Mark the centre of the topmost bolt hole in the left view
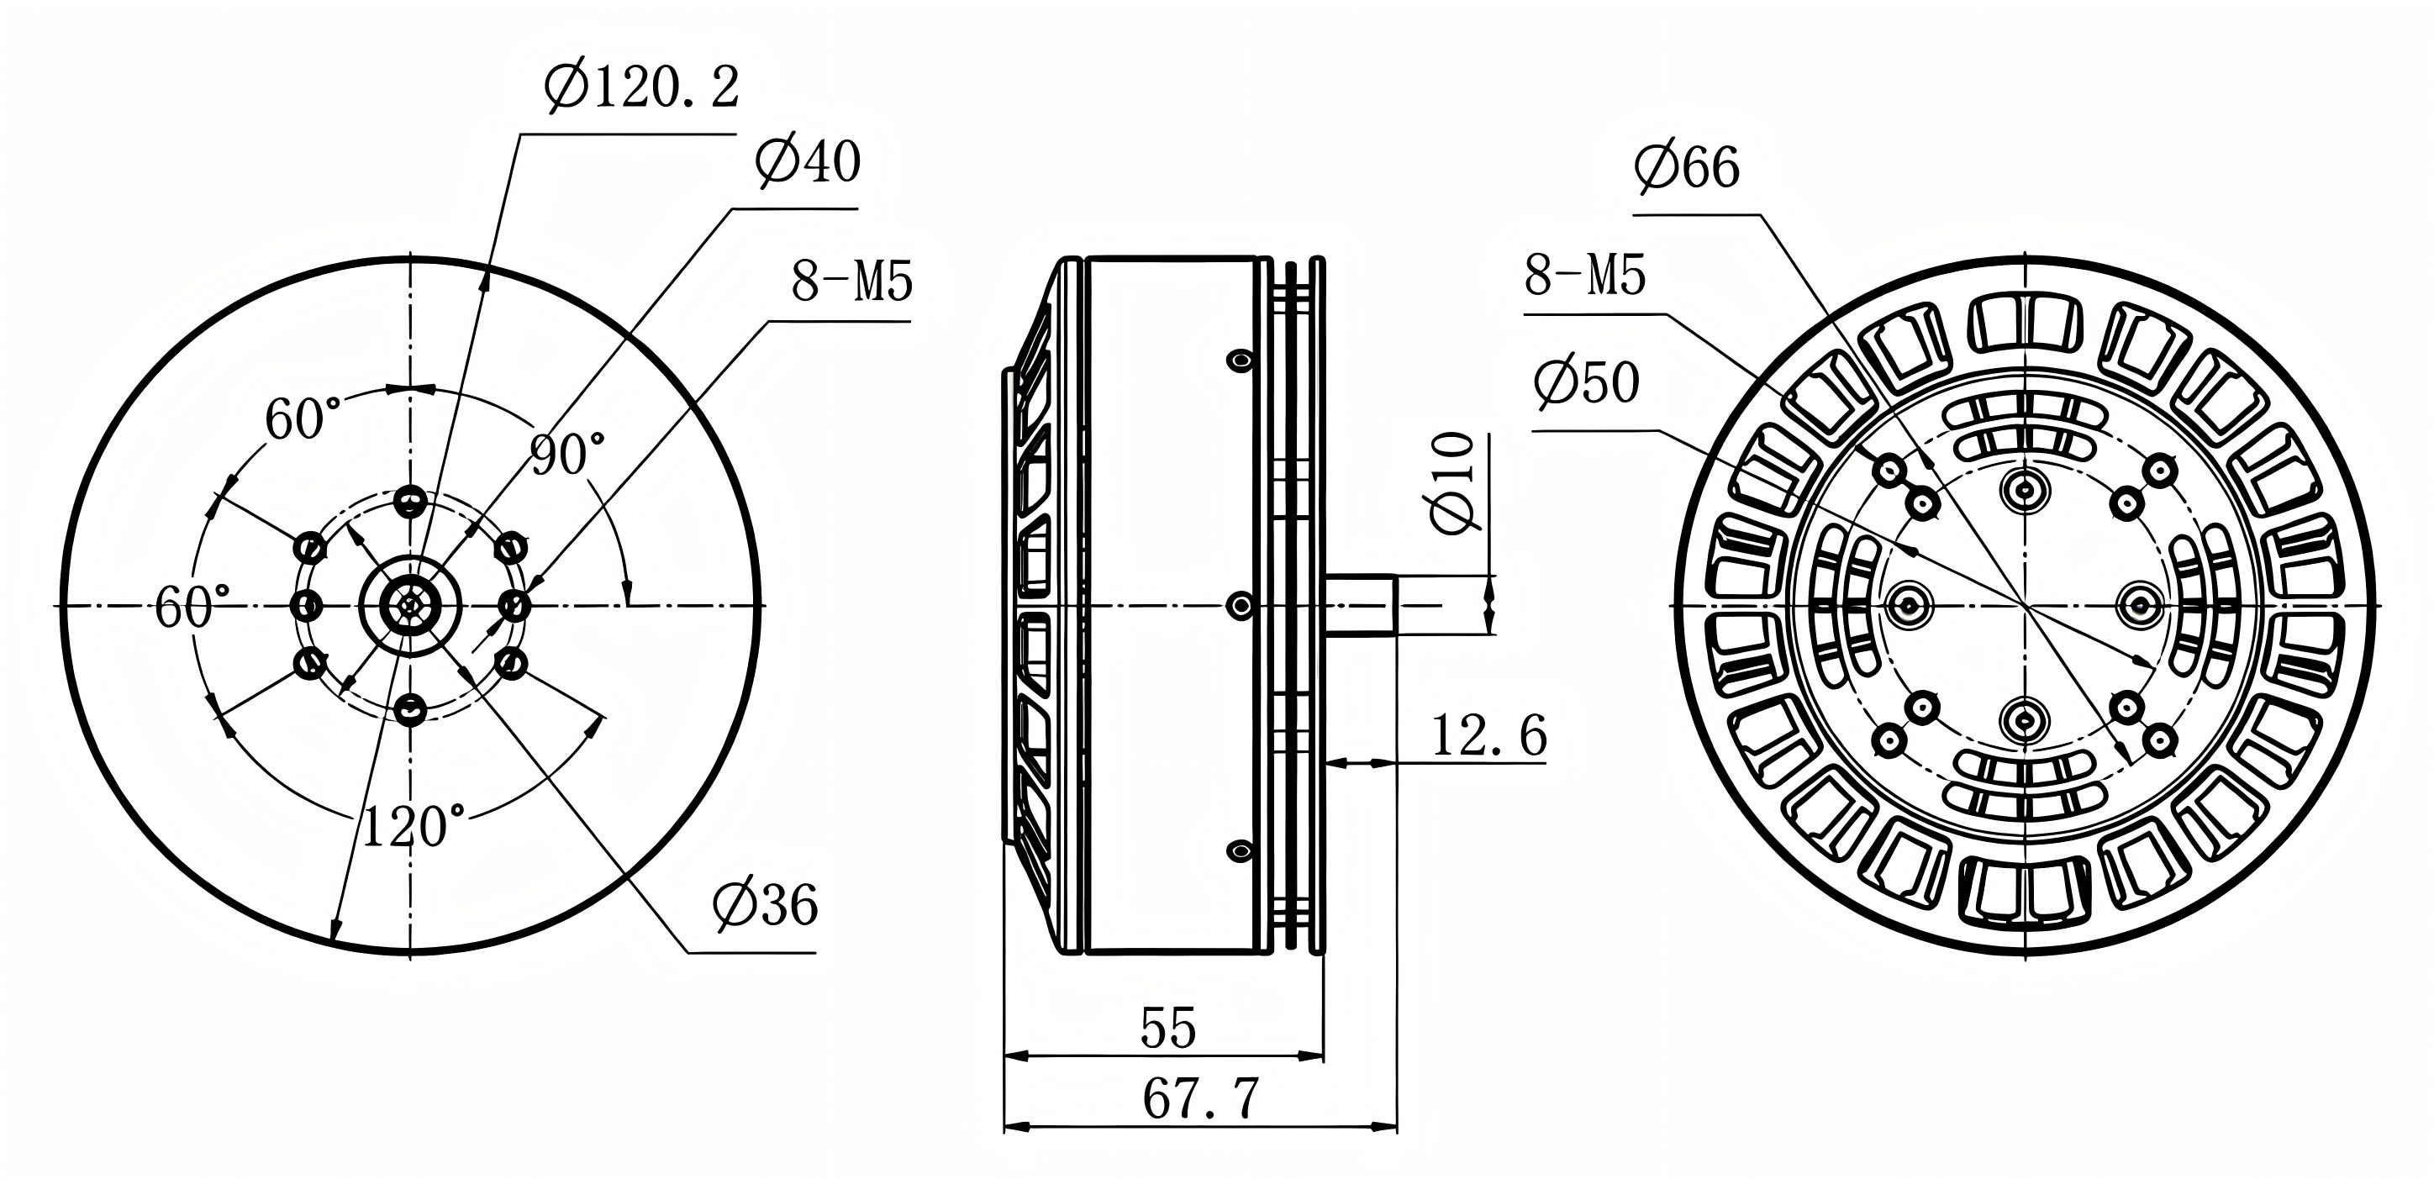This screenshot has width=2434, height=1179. tap(409, 502)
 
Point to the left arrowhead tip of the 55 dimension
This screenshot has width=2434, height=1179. tap(1004, 1056)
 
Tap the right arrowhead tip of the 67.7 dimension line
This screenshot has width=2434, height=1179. tap(1397, 1126)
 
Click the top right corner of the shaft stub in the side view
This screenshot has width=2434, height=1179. tap(1397, 575)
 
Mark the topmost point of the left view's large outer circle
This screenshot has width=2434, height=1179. tap(409, 257)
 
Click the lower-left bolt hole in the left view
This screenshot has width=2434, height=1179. tap(309, 664)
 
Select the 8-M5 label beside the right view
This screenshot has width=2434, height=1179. tap(1585, 276)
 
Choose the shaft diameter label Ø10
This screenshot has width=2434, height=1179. tap(1454, 482)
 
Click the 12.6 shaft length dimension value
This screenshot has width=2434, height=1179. tap(1489, 736)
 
